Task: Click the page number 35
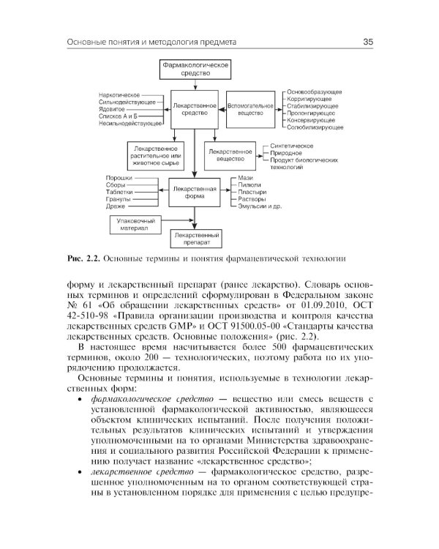[x=368, y=42]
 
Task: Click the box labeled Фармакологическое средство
[x=195, y=70]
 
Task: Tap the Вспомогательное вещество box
[x=251, y=110]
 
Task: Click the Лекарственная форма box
[x=195, y=192]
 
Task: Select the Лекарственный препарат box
[x=195, y=239]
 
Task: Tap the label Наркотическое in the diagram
[x=120, y=95]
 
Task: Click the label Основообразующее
[x=315, y=91]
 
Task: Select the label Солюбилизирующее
[x=315, y=127]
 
